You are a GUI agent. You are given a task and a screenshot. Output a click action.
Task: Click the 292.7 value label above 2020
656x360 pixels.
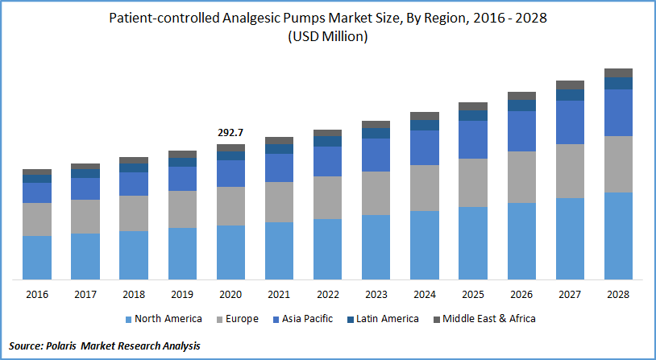tap(231, 132)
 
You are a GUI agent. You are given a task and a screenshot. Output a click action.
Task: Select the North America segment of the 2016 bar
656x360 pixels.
tap(37, 258)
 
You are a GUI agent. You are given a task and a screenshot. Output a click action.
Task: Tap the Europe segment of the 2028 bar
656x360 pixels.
tap(619, 164)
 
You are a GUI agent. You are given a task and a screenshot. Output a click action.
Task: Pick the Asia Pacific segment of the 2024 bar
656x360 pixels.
tap(425, 147)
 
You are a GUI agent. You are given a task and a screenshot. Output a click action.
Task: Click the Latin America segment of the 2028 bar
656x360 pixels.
tap(619, 83)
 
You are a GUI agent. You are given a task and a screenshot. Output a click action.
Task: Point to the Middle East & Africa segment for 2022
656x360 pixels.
tap(328, 133)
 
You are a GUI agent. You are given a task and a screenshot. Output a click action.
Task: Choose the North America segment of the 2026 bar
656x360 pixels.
tap(522, 241)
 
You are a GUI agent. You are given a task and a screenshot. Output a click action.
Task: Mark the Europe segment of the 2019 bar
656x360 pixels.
tap(183, 209)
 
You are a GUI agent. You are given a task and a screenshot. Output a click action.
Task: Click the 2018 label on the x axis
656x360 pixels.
tap(134, 295)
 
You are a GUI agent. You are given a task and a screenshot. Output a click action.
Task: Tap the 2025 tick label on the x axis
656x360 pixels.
tap(473, 295)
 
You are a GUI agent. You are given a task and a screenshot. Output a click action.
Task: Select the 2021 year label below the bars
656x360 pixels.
tap(280, 295)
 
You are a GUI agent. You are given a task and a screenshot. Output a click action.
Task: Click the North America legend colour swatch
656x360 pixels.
tap(128, 319)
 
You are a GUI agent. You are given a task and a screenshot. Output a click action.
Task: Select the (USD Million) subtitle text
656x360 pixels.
tap(328, 37)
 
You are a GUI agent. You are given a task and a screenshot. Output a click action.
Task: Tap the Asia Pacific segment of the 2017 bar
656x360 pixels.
tap(85, 188)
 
